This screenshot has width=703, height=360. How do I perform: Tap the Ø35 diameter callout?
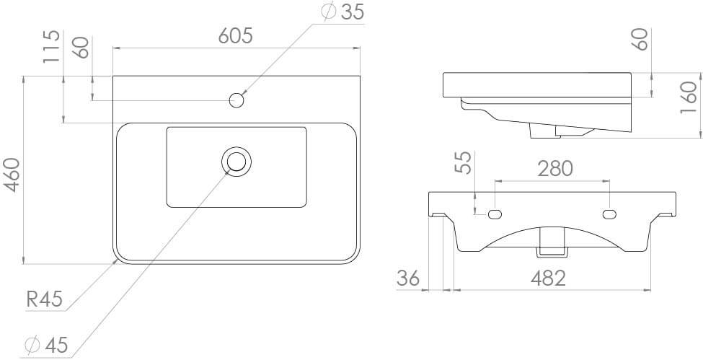[343, 12]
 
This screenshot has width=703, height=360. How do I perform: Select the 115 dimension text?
[50, 48]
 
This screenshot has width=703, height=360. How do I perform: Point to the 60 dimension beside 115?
[81, 48]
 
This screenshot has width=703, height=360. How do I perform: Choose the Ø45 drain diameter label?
[46, 346]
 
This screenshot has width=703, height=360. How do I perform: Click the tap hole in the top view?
[236, 100]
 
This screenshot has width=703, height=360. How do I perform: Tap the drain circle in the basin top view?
[236, 160]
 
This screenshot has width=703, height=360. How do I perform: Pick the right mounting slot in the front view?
[609, 214]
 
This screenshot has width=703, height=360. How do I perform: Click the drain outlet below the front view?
[552, 241]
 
